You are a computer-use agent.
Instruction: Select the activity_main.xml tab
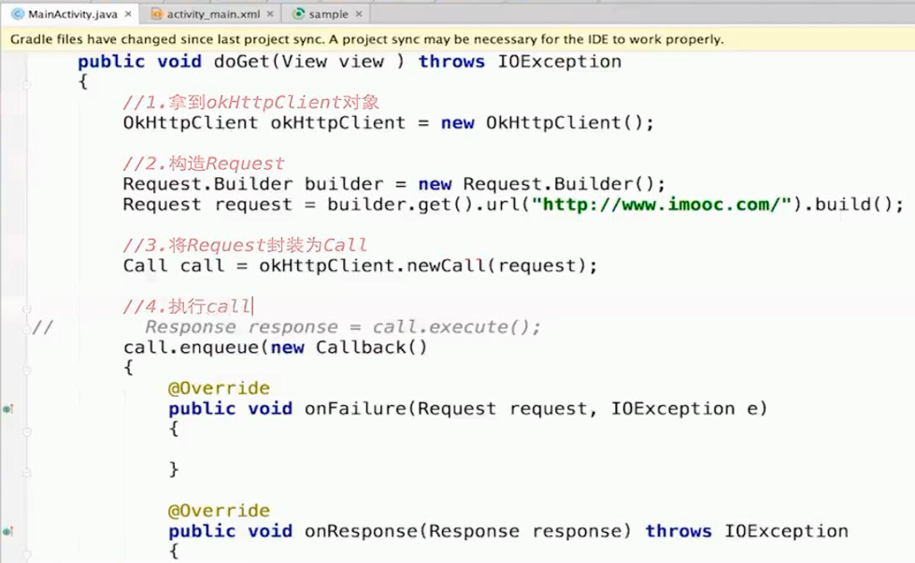pyautogui.click(x=214, y=14)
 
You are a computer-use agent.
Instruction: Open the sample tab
pyautogui.click(x=327, y=14)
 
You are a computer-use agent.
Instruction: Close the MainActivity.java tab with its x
pyautogui.click(x=128, y=14)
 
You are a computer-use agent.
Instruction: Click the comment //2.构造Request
pyautogui.click(x=204, y=163)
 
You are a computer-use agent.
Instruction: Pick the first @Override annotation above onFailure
pyautogui.click(x=219, y=388)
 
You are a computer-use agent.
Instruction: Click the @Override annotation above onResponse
pyautogui.click(x=219, y=511)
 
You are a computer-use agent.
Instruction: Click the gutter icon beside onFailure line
pyautogui.click(x=8, y=409)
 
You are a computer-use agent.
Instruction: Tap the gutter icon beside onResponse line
pyautogui.click(x=8, y=531)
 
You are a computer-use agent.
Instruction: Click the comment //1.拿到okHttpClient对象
pyautogui.click(x=250, y=103)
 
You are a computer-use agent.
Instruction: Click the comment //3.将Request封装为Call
pyautogui.click(x=245, y=246)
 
